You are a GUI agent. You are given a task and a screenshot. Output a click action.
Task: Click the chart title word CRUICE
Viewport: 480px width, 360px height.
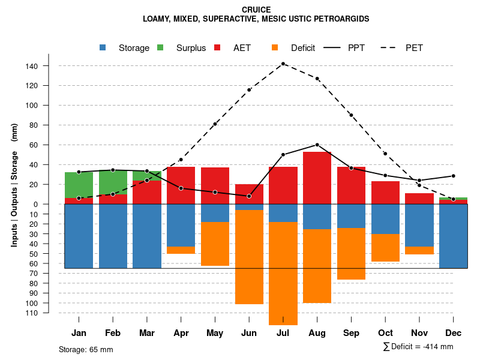pos(256,10)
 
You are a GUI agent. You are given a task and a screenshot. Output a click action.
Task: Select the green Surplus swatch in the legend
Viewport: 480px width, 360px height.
pos(160,47)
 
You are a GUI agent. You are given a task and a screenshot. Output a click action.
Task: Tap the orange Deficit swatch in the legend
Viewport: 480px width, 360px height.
pos(275,47)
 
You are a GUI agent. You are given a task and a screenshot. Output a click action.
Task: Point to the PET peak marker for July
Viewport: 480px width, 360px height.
pos(283,64)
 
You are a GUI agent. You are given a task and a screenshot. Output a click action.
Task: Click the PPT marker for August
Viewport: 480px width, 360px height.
pos(317,145)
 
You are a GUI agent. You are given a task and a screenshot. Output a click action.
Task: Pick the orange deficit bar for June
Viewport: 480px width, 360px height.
pos(249,257)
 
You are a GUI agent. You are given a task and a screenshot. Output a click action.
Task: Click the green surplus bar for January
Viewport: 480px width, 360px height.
pos(79,185)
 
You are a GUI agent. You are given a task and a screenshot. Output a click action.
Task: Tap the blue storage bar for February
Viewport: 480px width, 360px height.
pos(113,236)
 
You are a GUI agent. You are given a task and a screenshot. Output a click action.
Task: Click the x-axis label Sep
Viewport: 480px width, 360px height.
pos(352,333)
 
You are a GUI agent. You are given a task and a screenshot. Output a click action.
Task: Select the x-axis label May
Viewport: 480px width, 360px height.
pos(215,333)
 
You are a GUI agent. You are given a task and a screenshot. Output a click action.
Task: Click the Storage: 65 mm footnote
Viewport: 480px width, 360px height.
pos(86,349)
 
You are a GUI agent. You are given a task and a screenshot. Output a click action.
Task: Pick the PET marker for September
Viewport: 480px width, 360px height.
pos(351,115)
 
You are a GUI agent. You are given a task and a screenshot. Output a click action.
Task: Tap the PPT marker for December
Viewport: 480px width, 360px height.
pos(453,176)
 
